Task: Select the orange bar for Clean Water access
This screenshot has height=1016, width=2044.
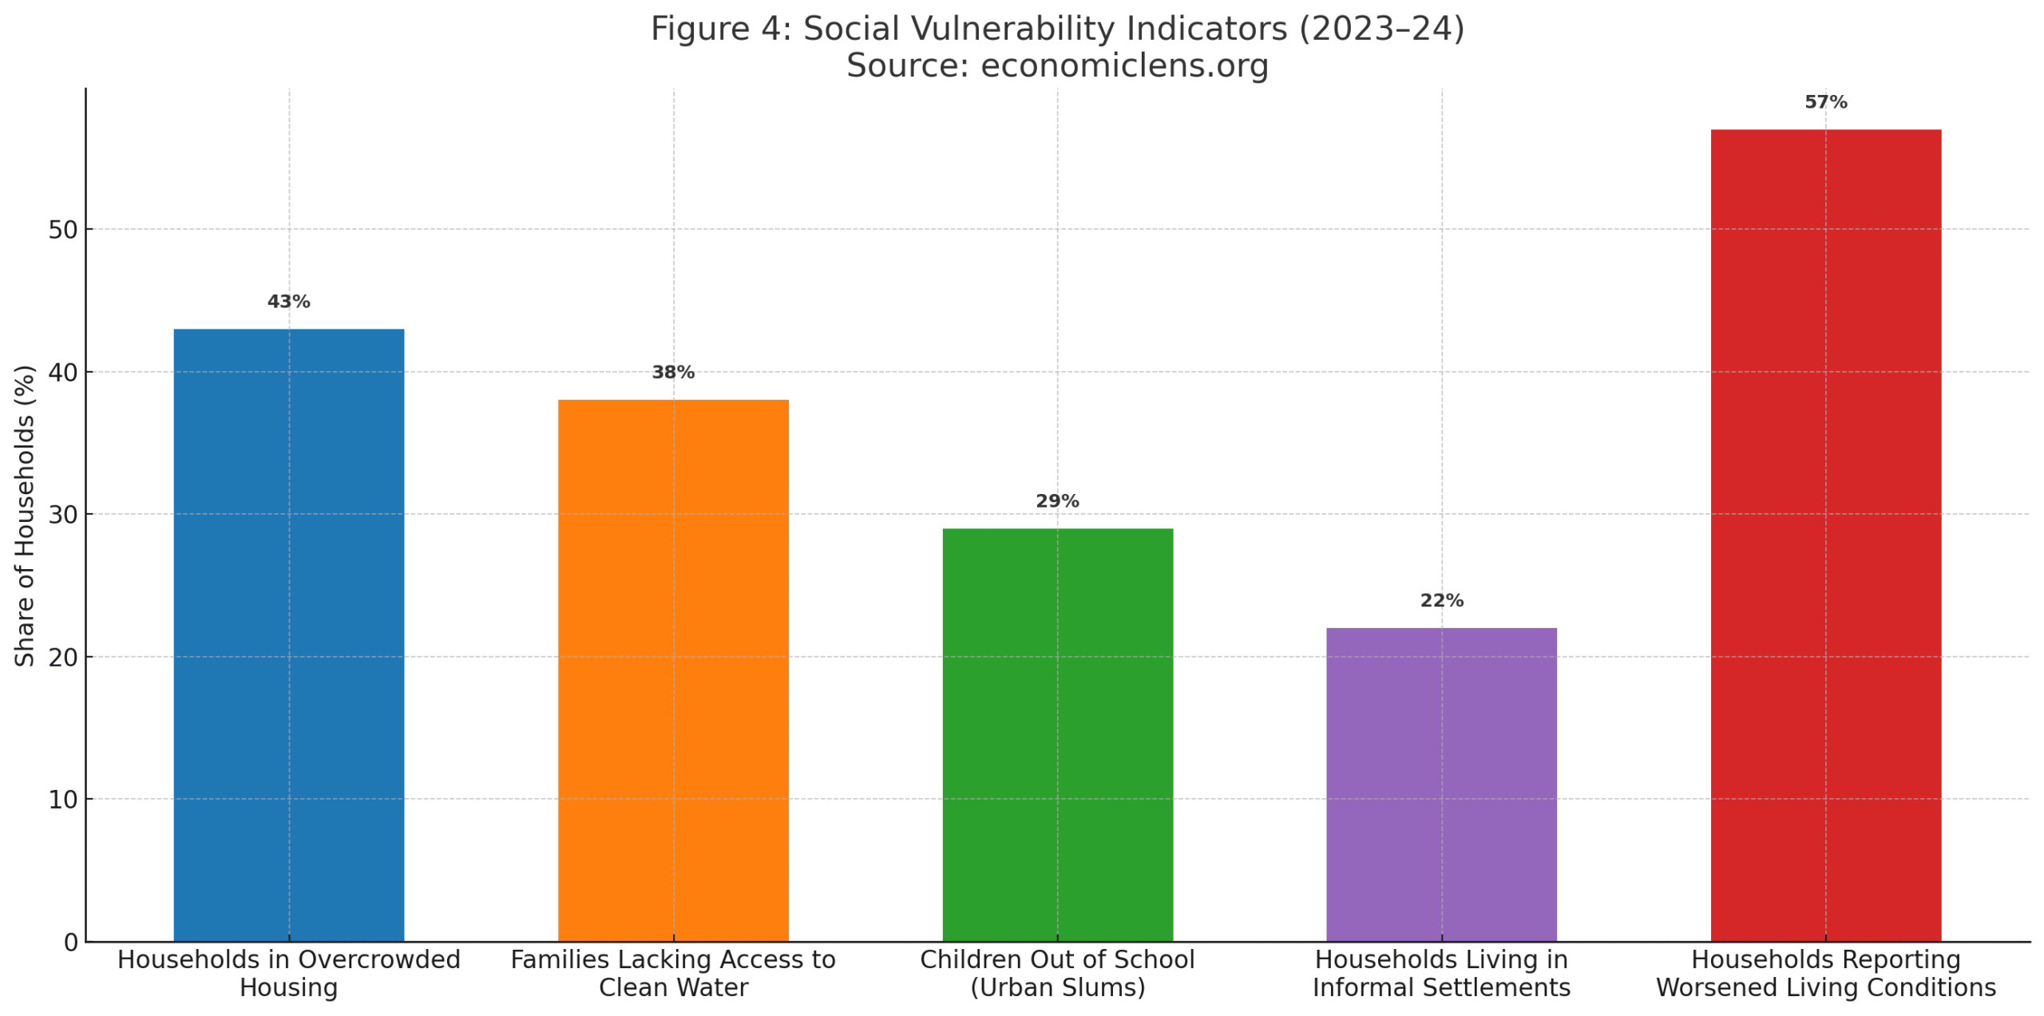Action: (673, 670)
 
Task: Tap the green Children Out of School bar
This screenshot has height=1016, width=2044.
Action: (1057, 734)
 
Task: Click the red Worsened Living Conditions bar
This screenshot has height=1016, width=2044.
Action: (1825, 535)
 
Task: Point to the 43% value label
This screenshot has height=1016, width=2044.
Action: (288, 302)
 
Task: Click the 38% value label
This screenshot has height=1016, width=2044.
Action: (673, 372)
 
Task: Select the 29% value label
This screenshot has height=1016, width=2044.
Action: (1057, 501)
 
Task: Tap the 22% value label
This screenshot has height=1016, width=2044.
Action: (1441, 600)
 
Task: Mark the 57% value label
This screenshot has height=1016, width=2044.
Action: (1825, 102)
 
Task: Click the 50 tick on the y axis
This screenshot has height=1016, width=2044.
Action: (62, 230)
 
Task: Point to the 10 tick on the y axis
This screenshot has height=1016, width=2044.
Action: (62, 800)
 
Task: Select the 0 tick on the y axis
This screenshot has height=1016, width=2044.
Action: (70, 943)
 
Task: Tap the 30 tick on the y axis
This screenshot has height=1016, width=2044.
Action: (62, 515)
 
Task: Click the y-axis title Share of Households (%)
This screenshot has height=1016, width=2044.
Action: (25, 516)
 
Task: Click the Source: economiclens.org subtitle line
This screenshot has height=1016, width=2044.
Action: (1057, 65)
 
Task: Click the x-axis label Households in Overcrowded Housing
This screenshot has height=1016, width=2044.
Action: (288, 973)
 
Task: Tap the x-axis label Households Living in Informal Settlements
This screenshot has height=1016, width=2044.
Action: (1441, 973)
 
